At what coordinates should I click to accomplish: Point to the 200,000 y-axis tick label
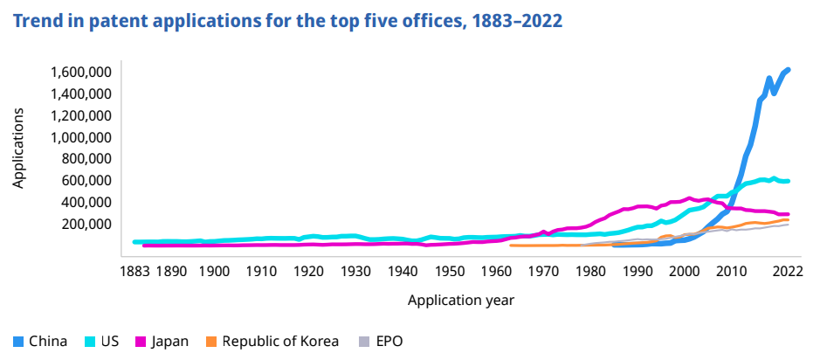(x=81, y=224)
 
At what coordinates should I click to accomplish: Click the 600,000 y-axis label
(x=81, y=180)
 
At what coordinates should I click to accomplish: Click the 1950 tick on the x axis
(x=449, y=269)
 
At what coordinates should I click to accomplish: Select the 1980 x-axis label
(x=590, y=269)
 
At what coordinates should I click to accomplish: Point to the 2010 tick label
(x=732, y=269)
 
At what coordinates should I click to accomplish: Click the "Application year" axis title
(x=460, y=300)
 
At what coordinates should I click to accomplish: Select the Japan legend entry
(x=162, y=341)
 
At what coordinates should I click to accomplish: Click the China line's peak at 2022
(x=788, y=69)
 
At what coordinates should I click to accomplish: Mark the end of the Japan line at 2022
(x=788, y=214)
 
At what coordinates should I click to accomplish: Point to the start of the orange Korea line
(x=510, y=246)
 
